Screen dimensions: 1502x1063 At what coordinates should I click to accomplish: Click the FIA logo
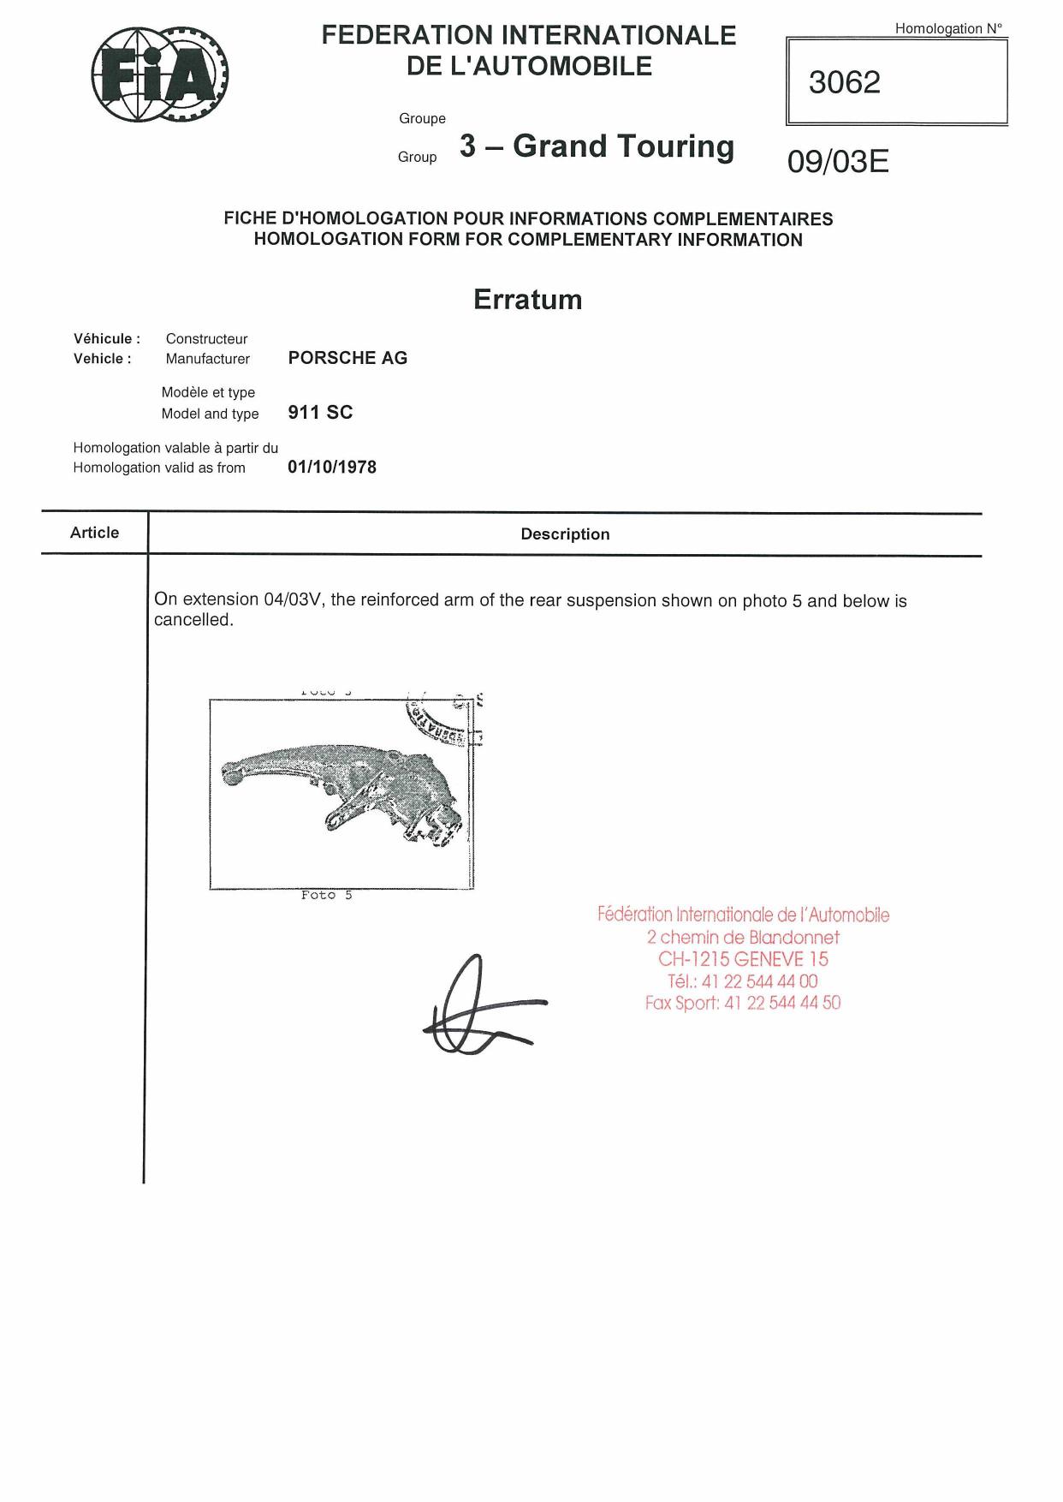160,75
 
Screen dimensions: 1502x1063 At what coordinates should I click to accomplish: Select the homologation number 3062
844,82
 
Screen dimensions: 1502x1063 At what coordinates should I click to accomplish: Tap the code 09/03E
838,161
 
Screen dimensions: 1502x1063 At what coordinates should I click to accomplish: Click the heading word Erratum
527,300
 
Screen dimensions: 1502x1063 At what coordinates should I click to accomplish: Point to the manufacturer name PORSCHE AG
347,358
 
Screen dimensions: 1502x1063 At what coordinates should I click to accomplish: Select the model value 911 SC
320,412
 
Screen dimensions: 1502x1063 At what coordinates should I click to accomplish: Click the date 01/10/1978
332,467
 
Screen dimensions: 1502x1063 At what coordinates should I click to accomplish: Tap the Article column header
94,533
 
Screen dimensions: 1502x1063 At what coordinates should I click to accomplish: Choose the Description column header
565,533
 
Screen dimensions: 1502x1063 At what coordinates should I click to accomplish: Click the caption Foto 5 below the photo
326,895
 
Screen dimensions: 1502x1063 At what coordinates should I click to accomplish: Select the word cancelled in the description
193,620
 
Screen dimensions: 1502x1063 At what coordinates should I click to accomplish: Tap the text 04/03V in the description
294,599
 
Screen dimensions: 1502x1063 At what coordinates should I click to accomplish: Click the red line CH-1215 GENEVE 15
743,959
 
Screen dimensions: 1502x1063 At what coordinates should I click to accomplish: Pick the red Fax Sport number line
743,1003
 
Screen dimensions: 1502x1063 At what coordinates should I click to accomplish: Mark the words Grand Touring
623,146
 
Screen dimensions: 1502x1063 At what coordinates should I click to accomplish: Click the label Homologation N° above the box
948,28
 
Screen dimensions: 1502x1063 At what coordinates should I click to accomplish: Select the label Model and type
210,414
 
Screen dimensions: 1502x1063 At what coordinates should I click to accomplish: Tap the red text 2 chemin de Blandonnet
743,937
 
